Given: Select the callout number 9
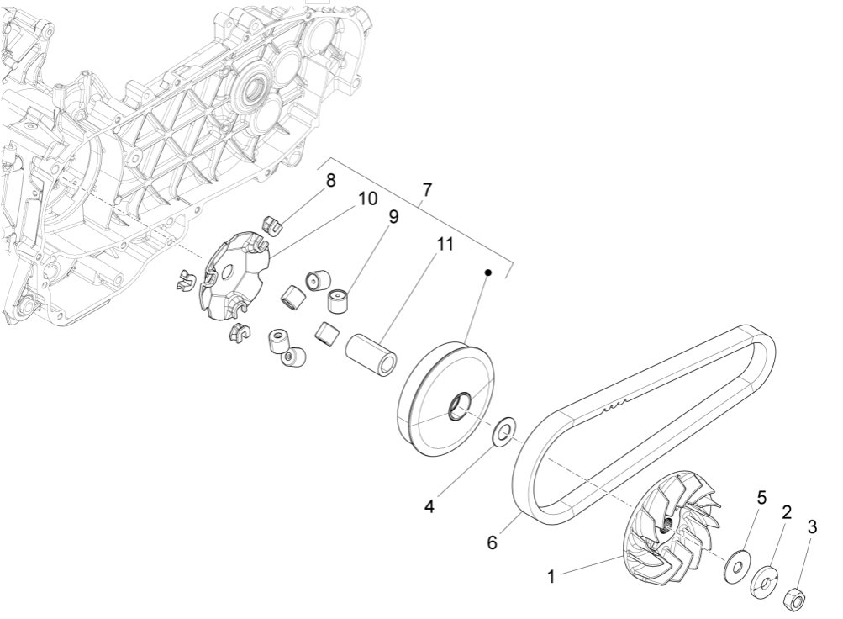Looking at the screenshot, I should point(393,217).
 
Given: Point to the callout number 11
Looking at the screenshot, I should point(444,245).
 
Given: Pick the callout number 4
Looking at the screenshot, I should point(429,507).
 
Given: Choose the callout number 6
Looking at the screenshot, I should point(492,542).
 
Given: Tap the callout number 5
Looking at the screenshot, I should point(761,498).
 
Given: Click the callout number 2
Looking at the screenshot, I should point(787,512).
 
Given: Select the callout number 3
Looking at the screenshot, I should point(812,527).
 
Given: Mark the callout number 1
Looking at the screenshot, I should point(551,577).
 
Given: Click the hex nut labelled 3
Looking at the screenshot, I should point(795,600).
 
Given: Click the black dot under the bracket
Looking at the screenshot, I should point(487,272).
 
